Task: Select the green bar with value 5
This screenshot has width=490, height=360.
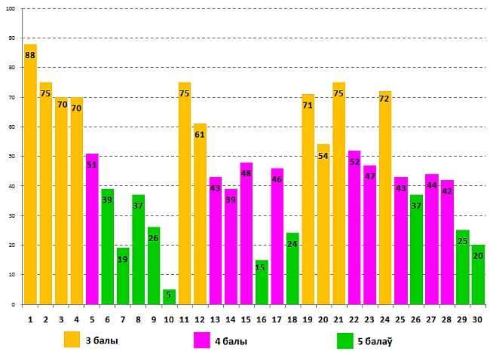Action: click(x=169, y=297)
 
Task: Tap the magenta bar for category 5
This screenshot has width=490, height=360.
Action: click(x=92, y=229)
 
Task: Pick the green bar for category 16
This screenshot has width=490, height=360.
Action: click(x=262, y=282)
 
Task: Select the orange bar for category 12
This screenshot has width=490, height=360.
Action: click(x=200, y=214)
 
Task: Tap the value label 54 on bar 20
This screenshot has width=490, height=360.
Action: click(x=323, y=156)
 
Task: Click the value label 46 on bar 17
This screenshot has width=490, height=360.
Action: click(x=277, y=180)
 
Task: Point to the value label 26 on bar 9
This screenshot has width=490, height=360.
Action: click(x=154, y=239)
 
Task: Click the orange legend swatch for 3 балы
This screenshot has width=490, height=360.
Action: click(x=72, y=340)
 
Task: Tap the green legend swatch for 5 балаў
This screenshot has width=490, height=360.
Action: click(x=345, y=340)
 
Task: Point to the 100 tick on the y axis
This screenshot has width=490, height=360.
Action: click(x=10, y=9)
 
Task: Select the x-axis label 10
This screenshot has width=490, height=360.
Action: click(x=169, y=319)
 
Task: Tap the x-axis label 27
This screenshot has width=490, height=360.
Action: click(x=431, y=319)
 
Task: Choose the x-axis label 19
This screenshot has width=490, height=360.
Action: click(x=308, y=319)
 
